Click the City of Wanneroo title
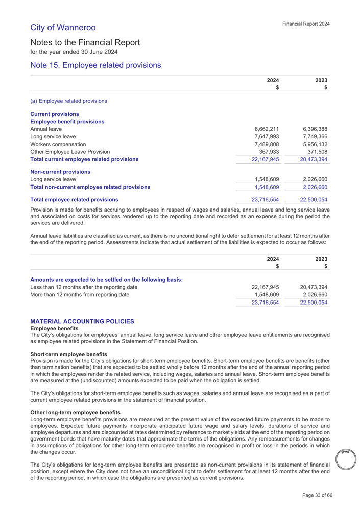(x=63, y=27)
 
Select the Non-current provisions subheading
(x=60, y=172)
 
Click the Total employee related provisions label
(x=75, y=199)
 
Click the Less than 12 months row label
(x=84, y=287)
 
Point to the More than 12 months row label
(x=84, y=295)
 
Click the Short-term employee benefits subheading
(x=69, y=354)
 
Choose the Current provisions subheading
(x=55, y=113)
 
